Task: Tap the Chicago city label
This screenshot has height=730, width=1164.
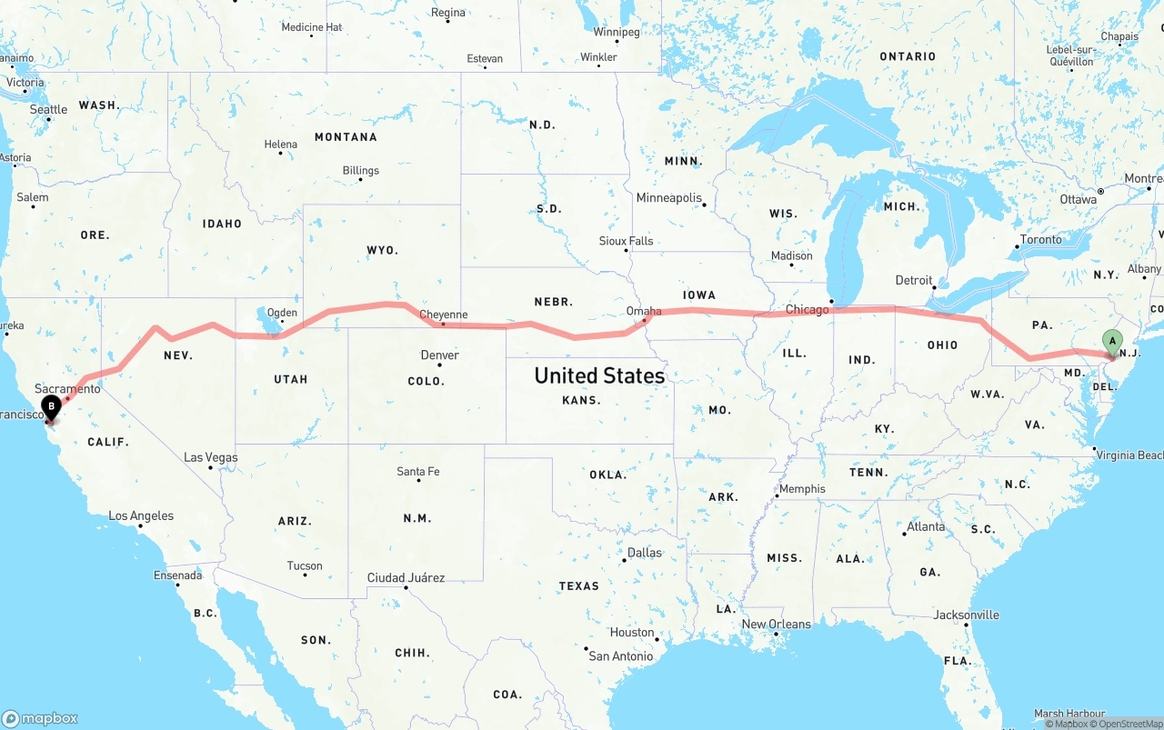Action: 807,310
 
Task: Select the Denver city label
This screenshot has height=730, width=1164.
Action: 439,355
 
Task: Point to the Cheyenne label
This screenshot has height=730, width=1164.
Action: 444,315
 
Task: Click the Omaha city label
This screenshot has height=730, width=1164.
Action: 644,311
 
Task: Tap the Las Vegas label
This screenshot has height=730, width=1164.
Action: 210,457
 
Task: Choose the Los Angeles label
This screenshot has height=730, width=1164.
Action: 141,515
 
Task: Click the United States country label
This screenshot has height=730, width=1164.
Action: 599,375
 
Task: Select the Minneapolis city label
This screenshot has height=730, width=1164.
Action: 669,198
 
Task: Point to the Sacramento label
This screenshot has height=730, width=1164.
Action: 67,388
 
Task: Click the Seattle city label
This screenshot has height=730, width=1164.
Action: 48,110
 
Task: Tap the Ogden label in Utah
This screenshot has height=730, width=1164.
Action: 282,313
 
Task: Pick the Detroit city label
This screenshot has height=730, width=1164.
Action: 914,280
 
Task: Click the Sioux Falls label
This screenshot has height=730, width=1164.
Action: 626,241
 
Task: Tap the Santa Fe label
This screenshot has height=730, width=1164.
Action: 417,471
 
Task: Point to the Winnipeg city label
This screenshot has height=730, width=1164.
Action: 617,32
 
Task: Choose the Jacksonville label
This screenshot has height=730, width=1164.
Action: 966,615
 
